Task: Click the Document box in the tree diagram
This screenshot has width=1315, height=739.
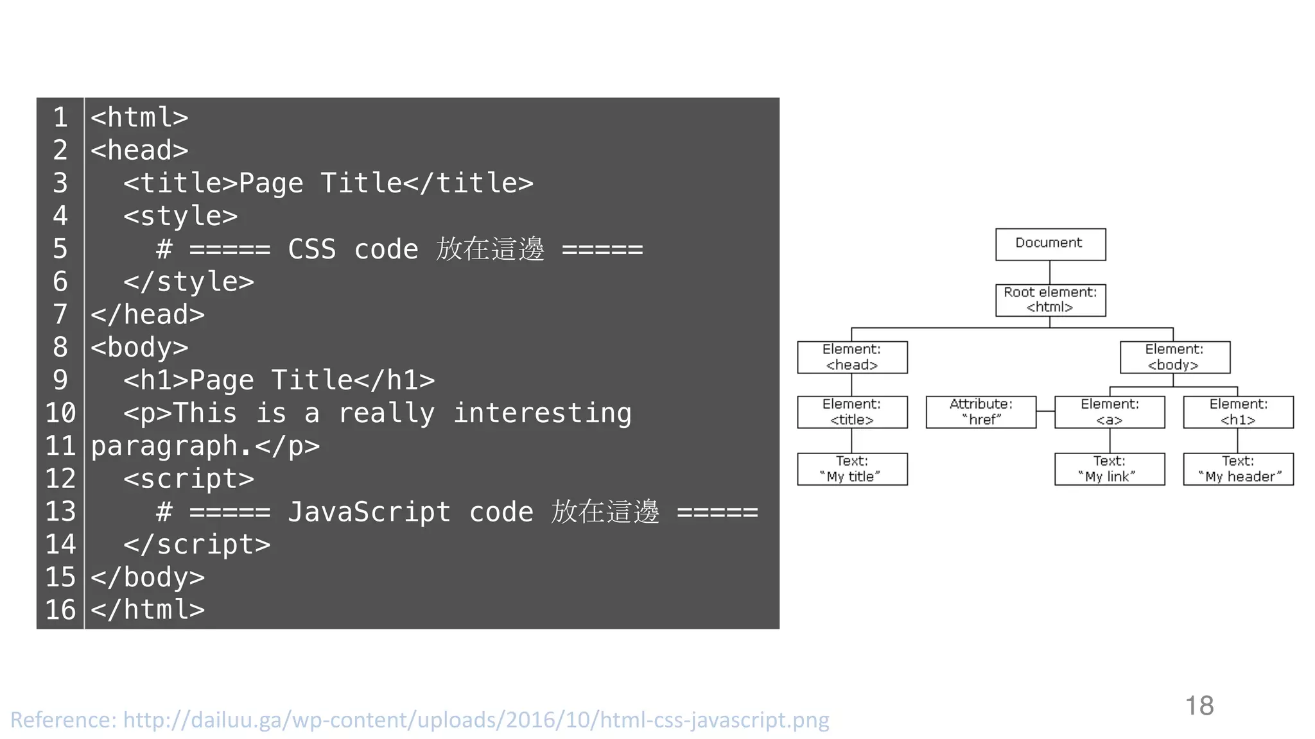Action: click(x=1050, y=244)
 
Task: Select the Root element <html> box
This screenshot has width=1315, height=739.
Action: click(x=1050, y=300)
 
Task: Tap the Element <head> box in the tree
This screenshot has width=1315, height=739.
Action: click(x=852, y=357)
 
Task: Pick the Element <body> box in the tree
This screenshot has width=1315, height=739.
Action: click(x=1174, y=357)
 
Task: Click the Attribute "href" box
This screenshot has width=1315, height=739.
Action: click(x=980, y=412)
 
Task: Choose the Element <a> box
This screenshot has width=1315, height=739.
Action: click(x=1109, y=412)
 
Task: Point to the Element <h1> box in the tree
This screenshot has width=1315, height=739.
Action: click(x=1238, y=412)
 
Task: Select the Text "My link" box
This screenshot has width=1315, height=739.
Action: click(x=1109, y=469)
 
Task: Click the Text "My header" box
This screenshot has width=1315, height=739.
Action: click(x=1238, y=469)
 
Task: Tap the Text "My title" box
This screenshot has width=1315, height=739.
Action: click(x=852, y=469)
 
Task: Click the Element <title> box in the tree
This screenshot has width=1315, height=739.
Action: click(x=852, y=412)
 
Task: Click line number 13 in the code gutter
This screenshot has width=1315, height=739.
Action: click(x=60, y=512)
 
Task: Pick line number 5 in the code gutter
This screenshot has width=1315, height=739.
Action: click(x=60, y=249)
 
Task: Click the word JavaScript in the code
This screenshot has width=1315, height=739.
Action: click(x=369, y=512)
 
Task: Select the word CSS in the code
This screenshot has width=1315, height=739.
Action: click(x=311, y=249)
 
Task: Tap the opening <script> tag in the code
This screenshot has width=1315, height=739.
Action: click(x=189, y=479)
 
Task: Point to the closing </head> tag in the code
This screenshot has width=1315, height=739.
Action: click(x=148, y=315)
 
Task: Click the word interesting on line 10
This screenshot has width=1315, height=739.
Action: click(x=542, y=413)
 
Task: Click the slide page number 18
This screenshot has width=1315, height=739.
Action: click(x=1199, y=706)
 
